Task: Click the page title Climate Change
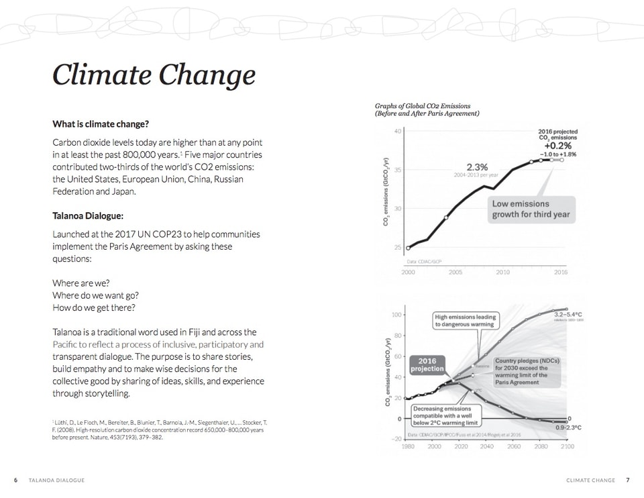coord(154,74)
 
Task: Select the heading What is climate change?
coord(100,124)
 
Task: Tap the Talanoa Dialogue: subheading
coord(88,216)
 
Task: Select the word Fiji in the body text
coord(202,332)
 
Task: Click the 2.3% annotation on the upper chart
coord(477,166)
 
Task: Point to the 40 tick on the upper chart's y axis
coord(398,131)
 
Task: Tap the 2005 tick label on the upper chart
coord(455,272)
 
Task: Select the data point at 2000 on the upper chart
coord(409,248)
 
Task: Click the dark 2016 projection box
coord(427,364)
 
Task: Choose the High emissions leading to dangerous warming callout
coord(464,320)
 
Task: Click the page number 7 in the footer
coord(628,480)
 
